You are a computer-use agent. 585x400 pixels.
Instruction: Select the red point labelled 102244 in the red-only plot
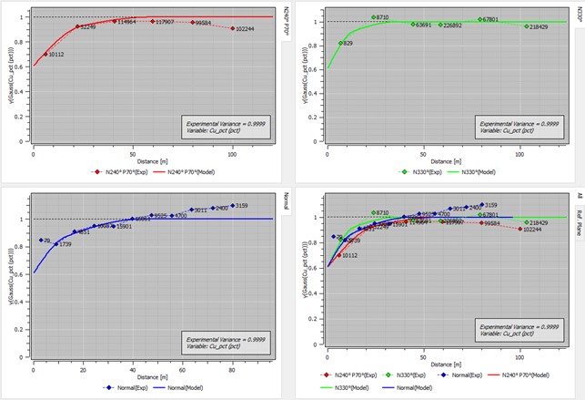pos(233,29)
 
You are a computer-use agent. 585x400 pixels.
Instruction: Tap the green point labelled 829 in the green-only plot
pos(341,43)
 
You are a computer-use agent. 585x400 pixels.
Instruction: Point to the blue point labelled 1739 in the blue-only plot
pos(55,244)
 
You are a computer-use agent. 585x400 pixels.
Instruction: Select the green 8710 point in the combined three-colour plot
pos(373,213)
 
